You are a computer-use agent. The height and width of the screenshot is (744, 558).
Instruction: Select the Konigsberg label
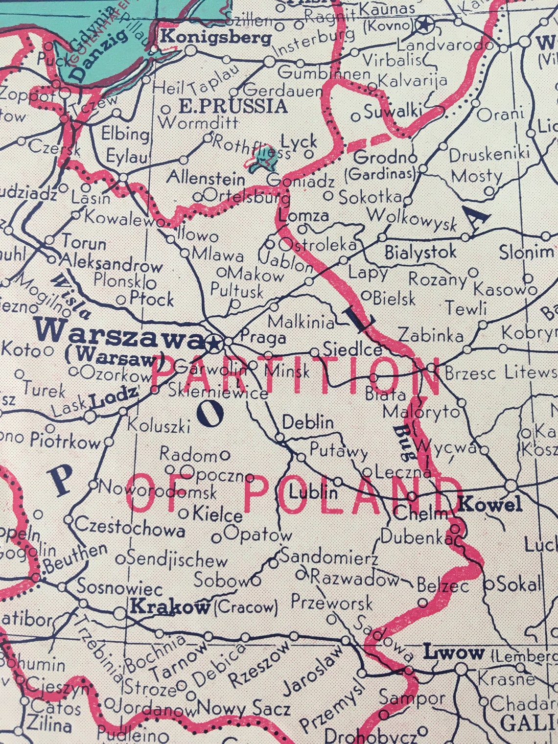click(215, 37)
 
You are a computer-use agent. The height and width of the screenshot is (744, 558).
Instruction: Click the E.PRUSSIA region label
click(232, 106)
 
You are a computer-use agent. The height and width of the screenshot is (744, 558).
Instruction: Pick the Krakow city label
click(171, 607)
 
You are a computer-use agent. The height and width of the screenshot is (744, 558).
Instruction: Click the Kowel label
click(491, 505)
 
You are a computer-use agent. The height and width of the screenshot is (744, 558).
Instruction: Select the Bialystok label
click(420, 252)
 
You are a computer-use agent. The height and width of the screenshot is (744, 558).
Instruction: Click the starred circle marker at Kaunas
click(424, 23)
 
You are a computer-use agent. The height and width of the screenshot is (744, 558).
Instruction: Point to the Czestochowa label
click(130, 530)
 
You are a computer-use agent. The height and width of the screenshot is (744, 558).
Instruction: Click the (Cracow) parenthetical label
click(246, 608)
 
